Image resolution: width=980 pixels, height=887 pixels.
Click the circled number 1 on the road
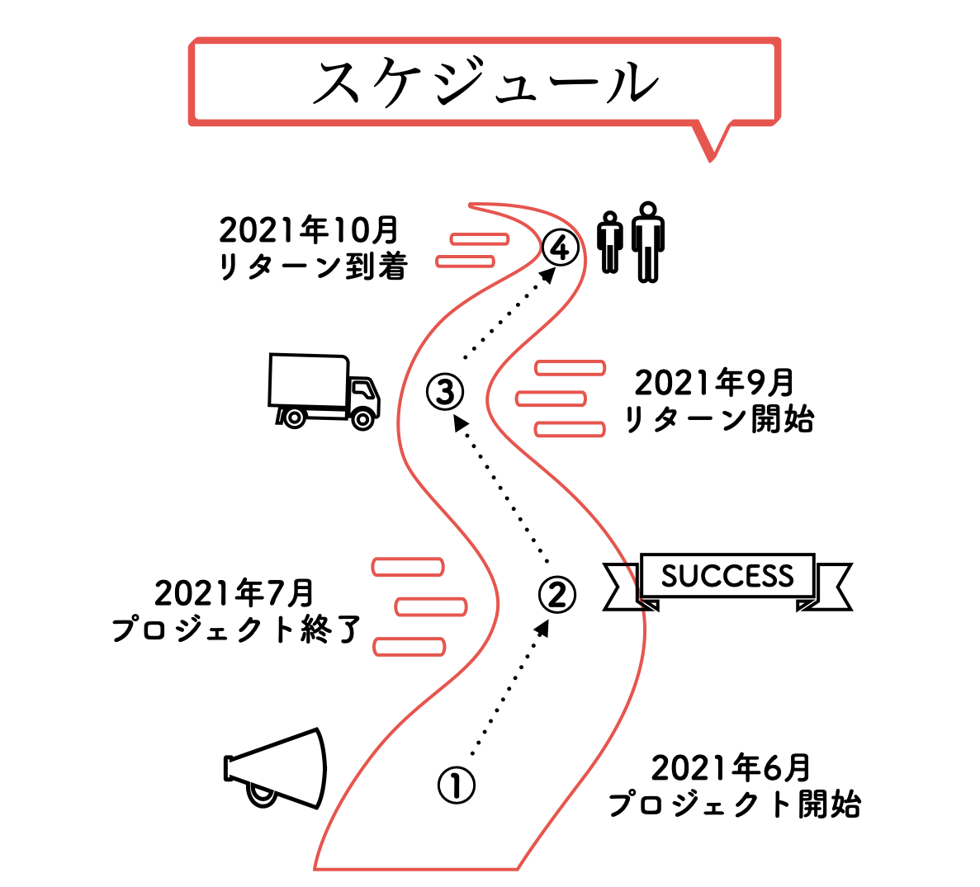(x=456, y=786)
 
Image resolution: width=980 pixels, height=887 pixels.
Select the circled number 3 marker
(x=445, y=392)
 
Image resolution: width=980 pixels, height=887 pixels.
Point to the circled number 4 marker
(x=560, y=247)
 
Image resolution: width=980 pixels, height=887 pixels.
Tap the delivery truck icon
(x=324, y=391)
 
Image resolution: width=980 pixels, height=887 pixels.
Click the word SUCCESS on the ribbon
(x=727, y=576)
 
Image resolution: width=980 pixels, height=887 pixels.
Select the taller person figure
(x=648, y=241)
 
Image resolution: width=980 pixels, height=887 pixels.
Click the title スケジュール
(x=485, y=83)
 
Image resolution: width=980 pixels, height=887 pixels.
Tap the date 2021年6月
(x=731, y=768)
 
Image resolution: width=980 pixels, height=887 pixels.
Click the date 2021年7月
(x=234, y=593)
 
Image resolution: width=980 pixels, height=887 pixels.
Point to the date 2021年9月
(x=714, y=383)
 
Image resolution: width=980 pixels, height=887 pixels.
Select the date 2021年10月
(x=309, y=230)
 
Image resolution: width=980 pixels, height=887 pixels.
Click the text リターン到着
(x=313, y=267)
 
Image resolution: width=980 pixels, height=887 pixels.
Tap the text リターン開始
(x=718, y=419)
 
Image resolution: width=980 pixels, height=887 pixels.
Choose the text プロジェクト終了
(x=236, y=630)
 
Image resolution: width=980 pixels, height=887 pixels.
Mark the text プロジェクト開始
(x=734, y=804)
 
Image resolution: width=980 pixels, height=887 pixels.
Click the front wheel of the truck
(x=362, y=418)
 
